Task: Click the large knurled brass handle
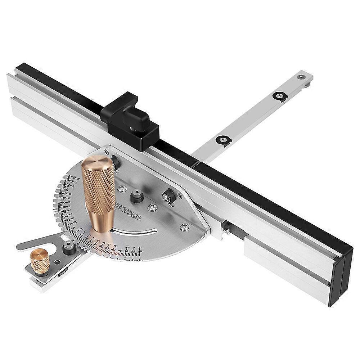pos(99,194)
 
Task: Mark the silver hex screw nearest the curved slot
pos(185,227)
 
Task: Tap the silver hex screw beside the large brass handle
pos(123,188)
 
